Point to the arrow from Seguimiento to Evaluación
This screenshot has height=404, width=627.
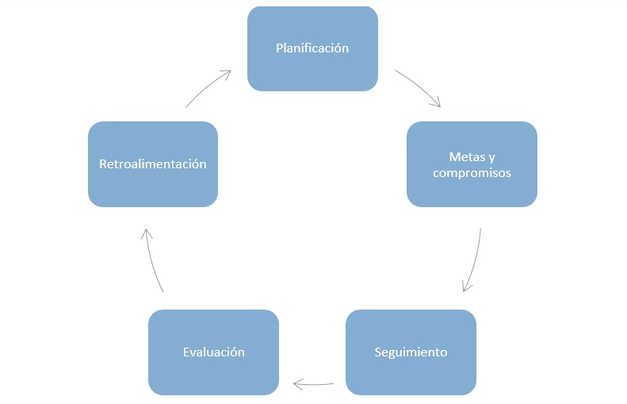click(x=314, y=385)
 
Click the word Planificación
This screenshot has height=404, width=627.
click(x=312, y=48)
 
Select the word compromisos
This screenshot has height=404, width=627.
click(x=472, y=172)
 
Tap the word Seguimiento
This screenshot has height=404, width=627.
click(x=411, y=352)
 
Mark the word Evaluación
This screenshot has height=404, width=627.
click(x=213, y=352)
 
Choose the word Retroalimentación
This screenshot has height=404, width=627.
click(x=153, y=164)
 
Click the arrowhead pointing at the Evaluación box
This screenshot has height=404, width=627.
click(x=297, y=384)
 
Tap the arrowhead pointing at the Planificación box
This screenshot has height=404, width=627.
click(x=226, y=74)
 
